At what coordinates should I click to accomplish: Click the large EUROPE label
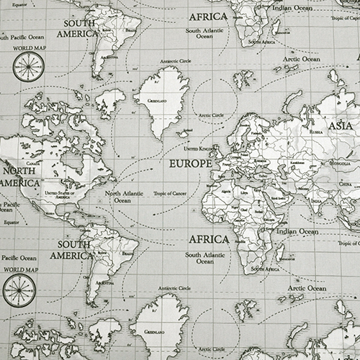pyautogui.click(x=190, y=163)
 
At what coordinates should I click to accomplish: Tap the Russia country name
pyautogui.click(x=315, y=132)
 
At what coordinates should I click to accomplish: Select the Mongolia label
pyautogui.click(x=339, y=163)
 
